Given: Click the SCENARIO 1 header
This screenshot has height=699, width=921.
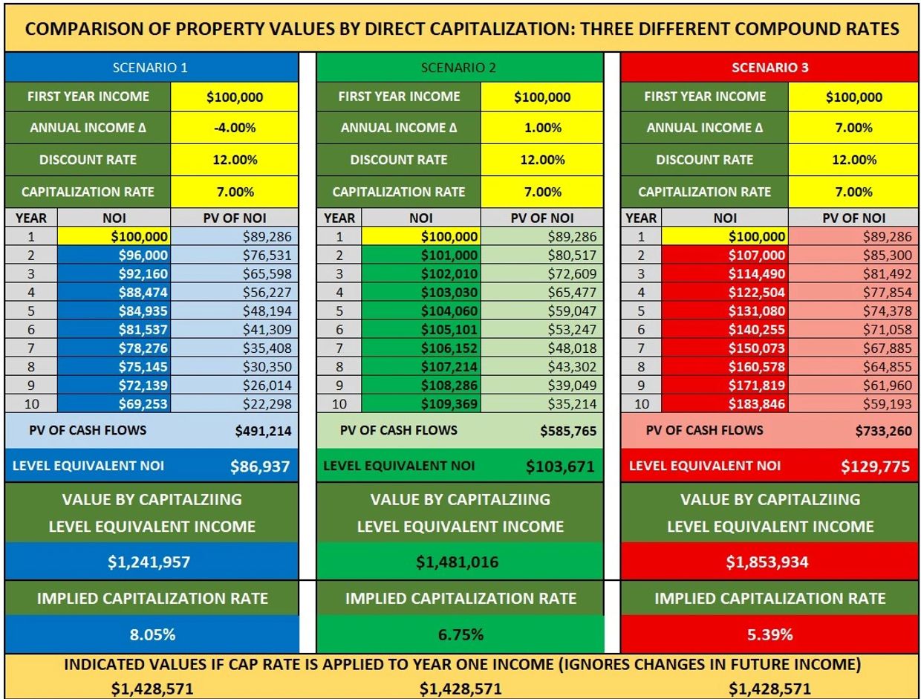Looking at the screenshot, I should tap(152, 68).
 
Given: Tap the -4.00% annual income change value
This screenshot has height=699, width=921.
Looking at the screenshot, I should tap(235, 128).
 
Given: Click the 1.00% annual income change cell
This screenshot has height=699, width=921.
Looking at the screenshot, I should tap(543, 128).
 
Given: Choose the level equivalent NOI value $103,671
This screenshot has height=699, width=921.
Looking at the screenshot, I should tap(561, 467).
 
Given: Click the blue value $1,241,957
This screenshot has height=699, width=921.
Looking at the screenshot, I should tap(151, 562).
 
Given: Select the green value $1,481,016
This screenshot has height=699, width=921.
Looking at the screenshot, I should tap(461, 562).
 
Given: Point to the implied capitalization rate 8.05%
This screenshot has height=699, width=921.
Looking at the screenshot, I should tap(151, 635).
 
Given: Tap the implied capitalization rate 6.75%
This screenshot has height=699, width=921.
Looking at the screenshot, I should tap(461, 635).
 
